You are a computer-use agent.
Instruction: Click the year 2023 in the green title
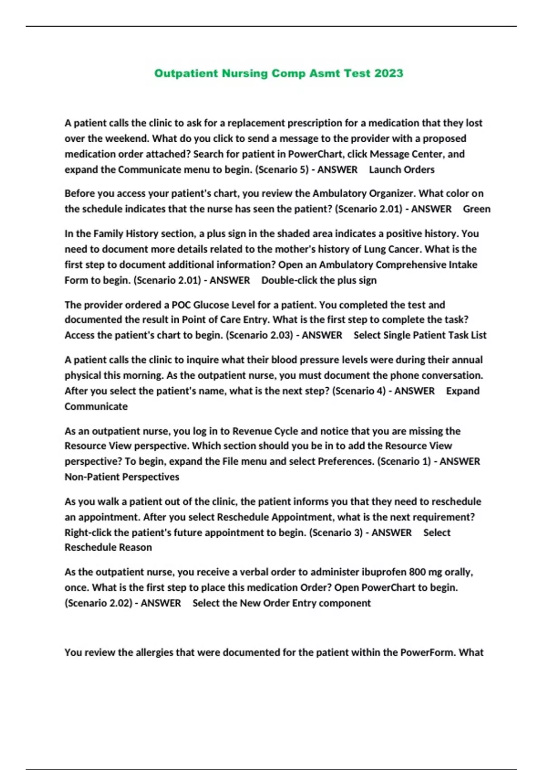click(x=388, y=73)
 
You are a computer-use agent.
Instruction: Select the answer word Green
click(x=476, y=209)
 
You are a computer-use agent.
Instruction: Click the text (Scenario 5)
click(x=282, y=169)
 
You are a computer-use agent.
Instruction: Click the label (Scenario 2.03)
click(x=260, y=335)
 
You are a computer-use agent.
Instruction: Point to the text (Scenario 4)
click(x=359, y=391)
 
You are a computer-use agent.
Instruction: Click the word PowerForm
click(x=428, y=653)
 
